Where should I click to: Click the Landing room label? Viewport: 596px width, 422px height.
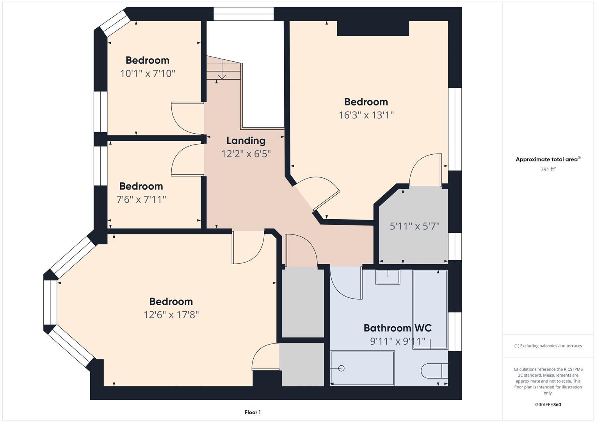pos(246,141)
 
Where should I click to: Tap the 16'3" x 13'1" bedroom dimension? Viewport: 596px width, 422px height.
pos(366,115)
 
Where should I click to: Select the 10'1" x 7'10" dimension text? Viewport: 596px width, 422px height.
pos(148,73)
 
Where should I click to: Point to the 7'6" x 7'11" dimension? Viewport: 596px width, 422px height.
pos(141,199)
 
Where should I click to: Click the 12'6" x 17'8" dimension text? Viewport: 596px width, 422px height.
pos(171,315)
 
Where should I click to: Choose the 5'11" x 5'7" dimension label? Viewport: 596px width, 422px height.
pos(415,226)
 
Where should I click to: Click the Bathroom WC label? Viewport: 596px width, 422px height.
pos(397,328)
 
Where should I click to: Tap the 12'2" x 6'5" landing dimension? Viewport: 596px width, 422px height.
pos(246,154)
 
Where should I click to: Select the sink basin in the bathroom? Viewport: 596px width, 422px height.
pos(388,277)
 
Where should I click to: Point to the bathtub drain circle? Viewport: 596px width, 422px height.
pos(342,368)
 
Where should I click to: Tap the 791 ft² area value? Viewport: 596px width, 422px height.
pos(548,169)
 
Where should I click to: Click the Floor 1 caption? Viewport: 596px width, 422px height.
pos(253,412)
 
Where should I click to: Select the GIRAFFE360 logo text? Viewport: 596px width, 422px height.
pos(548,404)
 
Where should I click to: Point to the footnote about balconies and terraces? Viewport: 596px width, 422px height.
pos(548,346)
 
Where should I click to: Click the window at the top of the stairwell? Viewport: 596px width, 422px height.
pos(244,14)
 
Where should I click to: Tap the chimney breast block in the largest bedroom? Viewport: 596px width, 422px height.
pos(373,28)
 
